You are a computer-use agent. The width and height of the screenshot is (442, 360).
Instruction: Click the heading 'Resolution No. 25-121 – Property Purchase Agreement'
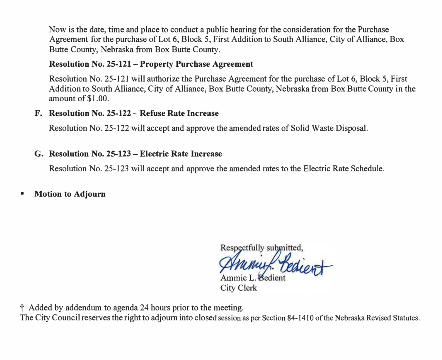[x=151, y=64]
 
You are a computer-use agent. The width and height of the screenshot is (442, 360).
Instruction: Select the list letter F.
[x=38, y=113]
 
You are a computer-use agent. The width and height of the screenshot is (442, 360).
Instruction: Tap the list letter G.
[x=38, y=154]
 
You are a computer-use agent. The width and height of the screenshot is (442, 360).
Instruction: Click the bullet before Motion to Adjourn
[x=22, y=194]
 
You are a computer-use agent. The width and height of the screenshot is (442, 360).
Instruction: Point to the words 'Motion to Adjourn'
[x=70, y=194]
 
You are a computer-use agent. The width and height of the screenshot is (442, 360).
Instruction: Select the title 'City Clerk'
[x=238, y=288]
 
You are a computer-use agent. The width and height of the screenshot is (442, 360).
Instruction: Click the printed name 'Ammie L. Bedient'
[x=253, y=278]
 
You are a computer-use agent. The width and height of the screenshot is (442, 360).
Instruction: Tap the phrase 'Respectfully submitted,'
[x=261, y=248]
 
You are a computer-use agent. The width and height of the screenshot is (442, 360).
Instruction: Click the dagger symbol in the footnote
[x=22, y=307]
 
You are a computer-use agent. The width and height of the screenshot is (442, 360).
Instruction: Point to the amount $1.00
[x=98, y=98]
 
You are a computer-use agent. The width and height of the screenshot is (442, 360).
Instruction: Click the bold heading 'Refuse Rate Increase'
[x=179, y=113]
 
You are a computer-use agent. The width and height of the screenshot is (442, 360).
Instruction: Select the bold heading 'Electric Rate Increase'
[x=181, y=154]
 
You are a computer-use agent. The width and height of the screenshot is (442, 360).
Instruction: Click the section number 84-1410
[x=300, y=318]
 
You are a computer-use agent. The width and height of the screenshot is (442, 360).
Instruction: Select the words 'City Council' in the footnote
[x=57, y=318]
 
